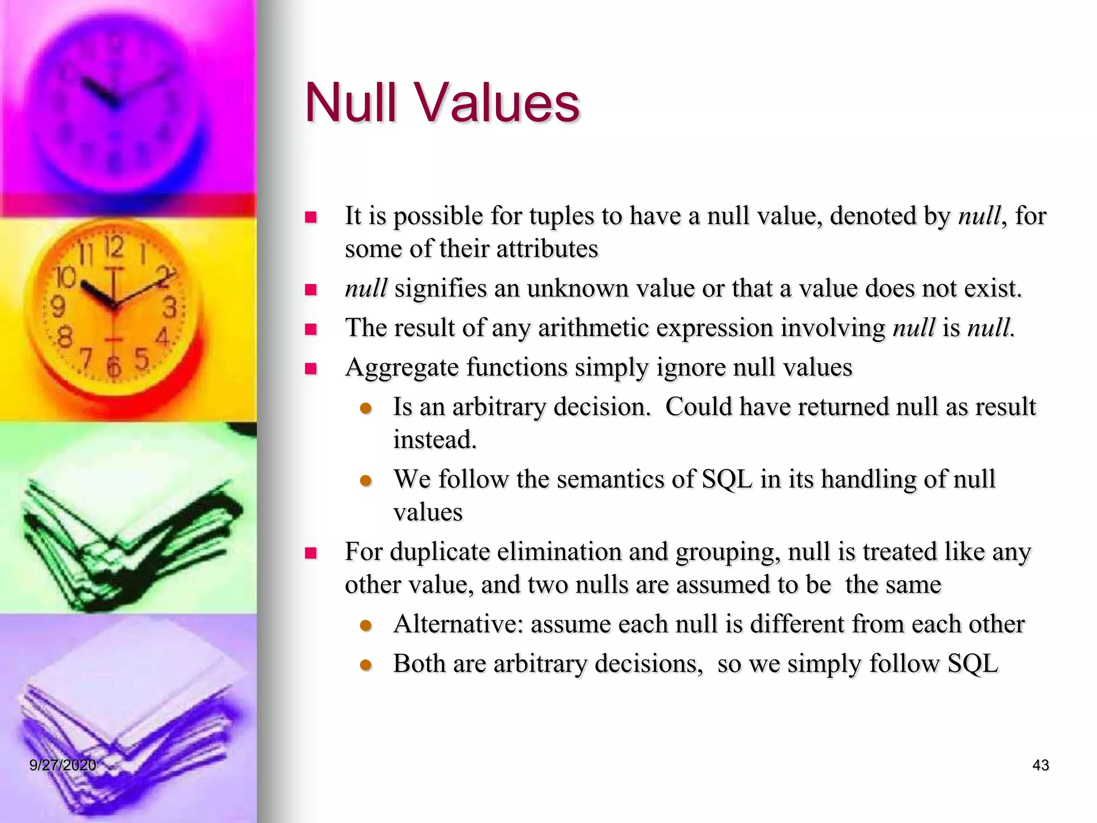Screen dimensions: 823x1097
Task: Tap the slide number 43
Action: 1040,765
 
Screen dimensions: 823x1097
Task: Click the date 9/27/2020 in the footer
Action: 63,765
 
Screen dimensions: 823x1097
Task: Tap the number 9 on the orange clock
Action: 58,307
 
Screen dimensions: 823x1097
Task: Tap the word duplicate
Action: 440,552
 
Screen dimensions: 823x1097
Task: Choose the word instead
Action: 434,440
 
